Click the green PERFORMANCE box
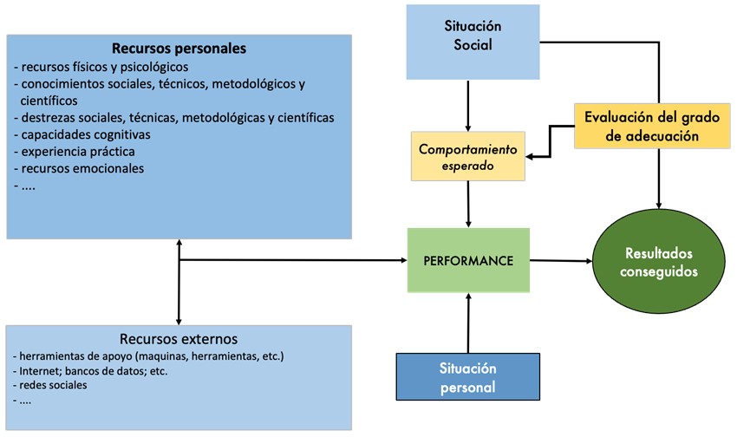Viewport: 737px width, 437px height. click(x=467, y=260)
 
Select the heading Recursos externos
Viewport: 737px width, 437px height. click(x=178, y=338)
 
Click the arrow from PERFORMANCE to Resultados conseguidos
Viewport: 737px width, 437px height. click(x=559, y=261)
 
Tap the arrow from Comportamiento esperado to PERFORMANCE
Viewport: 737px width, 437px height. click(x=468, y=204)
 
